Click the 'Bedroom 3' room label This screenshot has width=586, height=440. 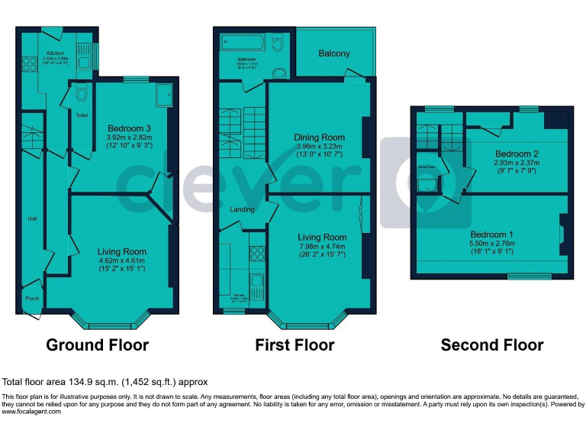click(x=128, y=128)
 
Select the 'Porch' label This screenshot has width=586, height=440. click(x=32, y=298)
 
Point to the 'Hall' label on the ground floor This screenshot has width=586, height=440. click(x=32, y=218)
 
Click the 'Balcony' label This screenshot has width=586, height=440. click(x=334, y=53)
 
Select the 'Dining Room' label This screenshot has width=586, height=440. click(x=319, y=137)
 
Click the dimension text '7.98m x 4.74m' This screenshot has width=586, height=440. click(x=321, y=247)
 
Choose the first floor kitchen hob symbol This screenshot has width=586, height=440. click(x=256, y=254)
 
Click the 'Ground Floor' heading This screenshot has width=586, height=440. click(x=97, y=345)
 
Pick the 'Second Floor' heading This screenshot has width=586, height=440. click(x=492, y=345)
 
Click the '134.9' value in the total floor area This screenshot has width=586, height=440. click(x=85, y=382)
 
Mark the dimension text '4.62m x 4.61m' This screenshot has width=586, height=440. click(x=121, y=260)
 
